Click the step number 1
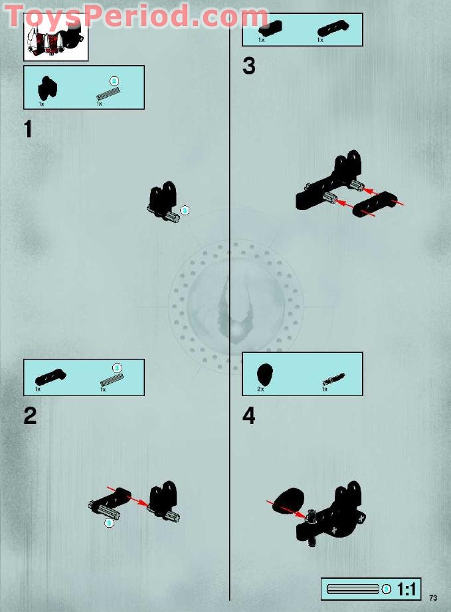(x=28, y=129)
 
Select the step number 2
(x=30, y=416)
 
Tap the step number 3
(x=248, y=66)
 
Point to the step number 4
(x=249, y=416)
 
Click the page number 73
(x=433, y=597)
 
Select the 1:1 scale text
(x=406, y=589)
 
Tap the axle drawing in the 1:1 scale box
(x=354, y=589)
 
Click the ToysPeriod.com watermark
(x=137, y=16)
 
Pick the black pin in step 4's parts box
(x=330, y=380)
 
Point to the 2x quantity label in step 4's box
(x=260, y=389)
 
